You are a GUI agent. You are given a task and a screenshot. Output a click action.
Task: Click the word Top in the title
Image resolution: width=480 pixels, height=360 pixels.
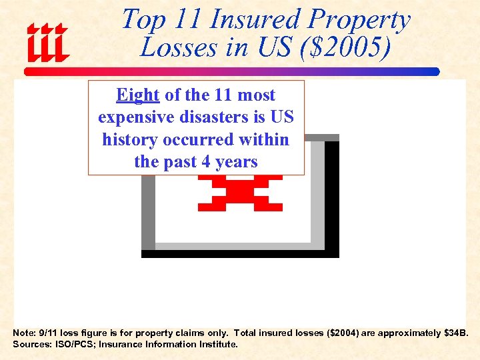click(x=142, y=19)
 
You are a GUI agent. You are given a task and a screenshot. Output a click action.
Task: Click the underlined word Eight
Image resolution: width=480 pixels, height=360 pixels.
click(x=138, y=95)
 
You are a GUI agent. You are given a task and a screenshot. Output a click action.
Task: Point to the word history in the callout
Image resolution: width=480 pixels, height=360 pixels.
click(x=129, y=139)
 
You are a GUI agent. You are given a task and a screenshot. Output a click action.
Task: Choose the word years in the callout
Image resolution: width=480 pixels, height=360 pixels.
click(x=236, y=162)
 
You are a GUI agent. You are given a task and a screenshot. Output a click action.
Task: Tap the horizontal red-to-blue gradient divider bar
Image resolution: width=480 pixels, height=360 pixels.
click(x=232, y=71)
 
